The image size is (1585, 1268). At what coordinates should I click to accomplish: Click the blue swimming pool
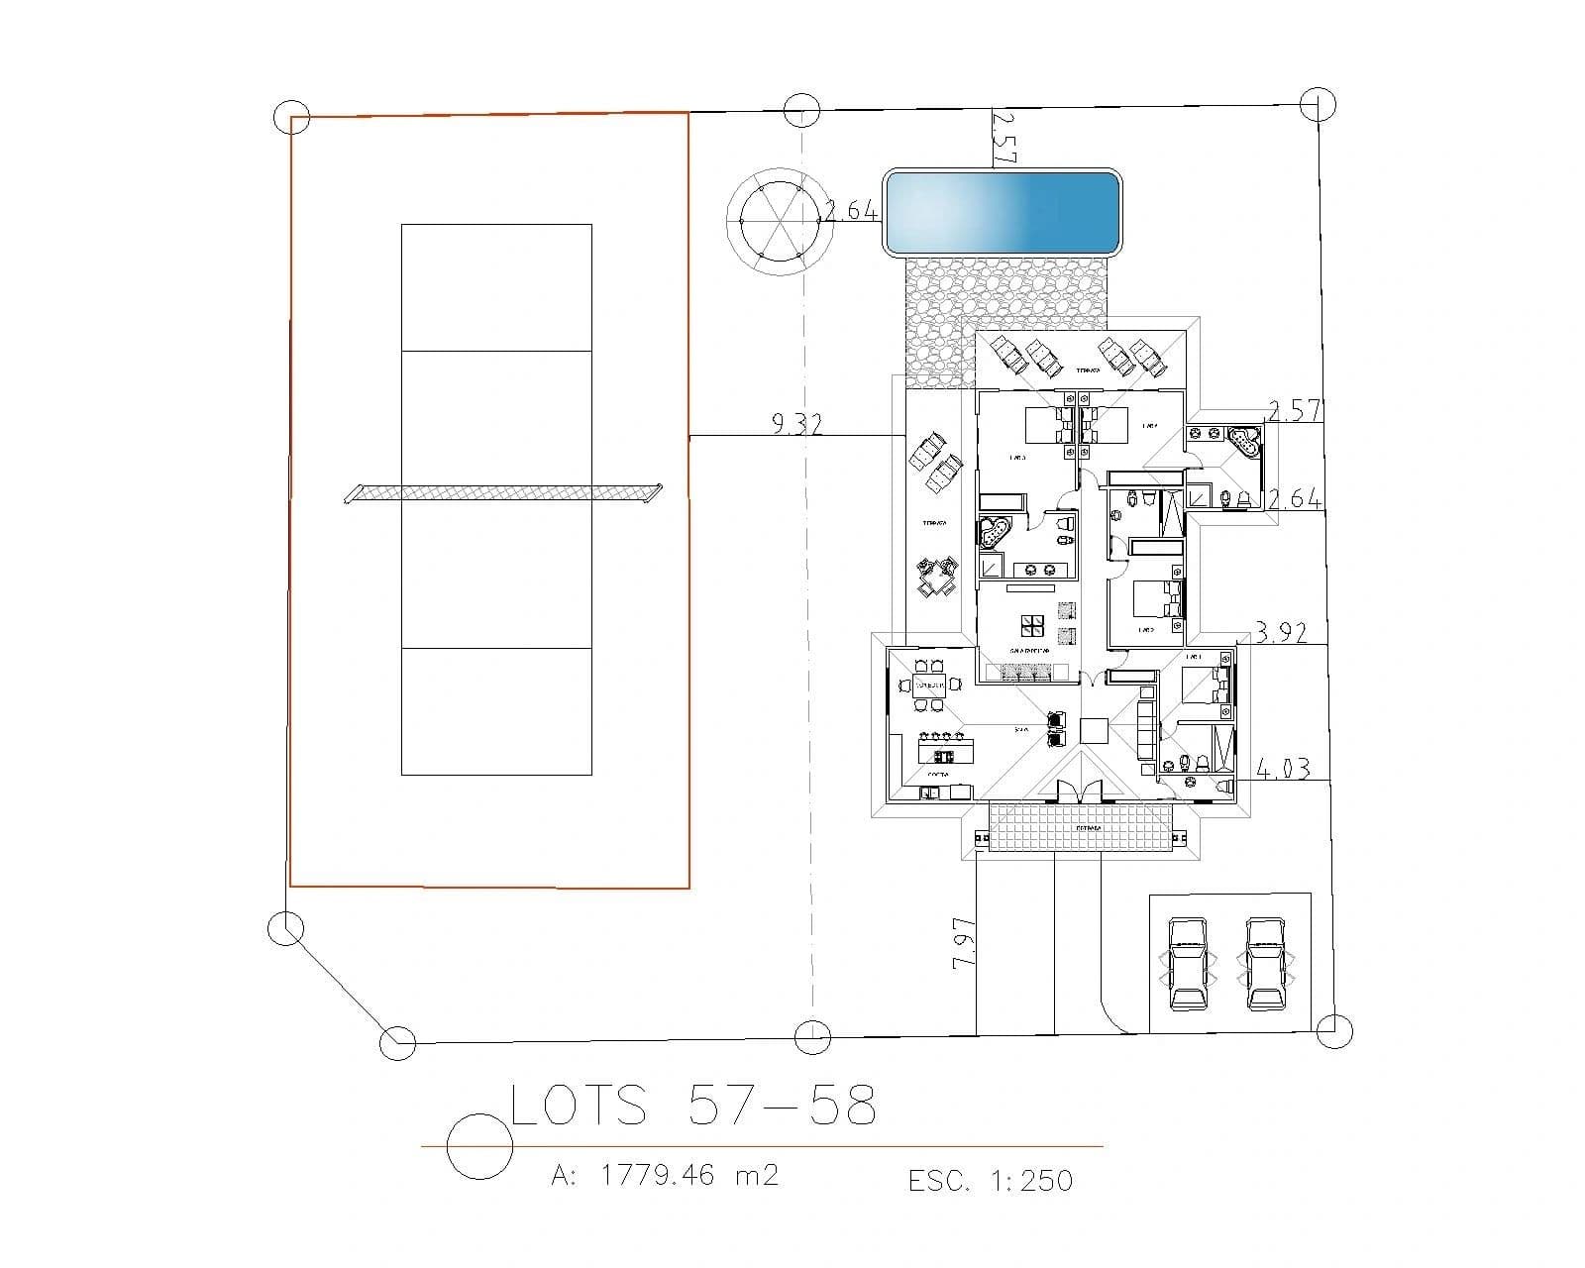(x=1002, y=211)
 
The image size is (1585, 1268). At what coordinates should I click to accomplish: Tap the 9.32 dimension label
(x=796, y=424)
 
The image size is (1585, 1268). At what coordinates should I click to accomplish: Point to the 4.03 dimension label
(x=1283, y=768)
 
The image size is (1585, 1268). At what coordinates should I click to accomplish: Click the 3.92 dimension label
(x=1281, y=632)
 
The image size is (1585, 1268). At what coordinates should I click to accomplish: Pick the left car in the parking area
(x=1187, y=963)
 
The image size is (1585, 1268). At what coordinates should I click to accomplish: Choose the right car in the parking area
(x=1265, y=963)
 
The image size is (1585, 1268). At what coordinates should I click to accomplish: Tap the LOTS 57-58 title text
(x=692, y=1106)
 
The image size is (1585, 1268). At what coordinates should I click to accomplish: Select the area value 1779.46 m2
(x=665, y=1176)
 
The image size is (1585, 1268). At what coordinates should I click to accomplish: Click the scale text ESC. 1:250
(x=990, y=1180)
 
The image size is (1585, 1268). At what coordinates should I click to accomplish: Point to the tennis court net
(x=503, y=491)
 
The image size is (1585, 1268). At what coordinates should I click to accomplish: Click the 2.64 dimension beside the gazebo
(x=851, y=210)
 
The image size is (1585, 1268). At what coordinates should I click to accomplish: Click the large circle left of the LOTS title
(x=479, y=1146)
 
